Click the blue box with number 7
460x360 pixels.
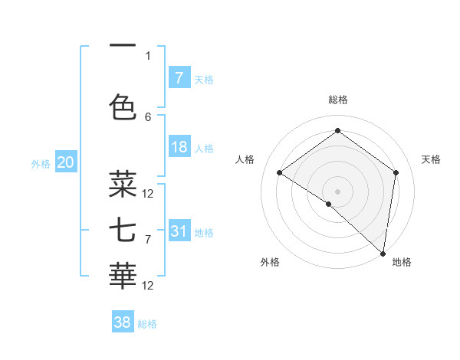(x=179, y=78)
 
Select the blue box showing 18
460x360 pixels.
(x=179, y=148)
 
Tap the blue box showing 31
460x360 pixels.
(x=179, y=231)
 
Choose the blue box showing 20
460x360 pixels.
(x=66, y=162)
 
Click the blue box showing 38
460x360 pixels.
(x=123, y=322)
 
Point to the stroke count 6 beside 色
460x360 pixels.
(x=148, y=116)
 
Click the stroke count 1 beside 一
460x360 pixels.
(x=148, y=55)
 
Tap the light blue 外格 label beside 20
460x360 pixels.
(x=41, y=163)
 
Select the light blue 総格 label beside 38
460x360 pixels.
(x=147, y=324)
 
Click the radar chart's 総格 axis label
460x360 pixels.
(x=337, y=100)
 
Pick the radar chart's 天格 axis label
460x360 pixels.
(x=431, y=159)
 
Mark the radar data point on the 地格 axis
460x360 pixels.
(x=383, y=253)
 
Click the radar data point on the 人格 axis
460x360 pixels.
(x=280, y=172)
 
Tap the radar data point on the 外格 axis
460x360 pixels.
(x=329, y=204)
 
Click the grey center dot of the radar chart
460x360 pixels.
(x=337, y=191)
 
